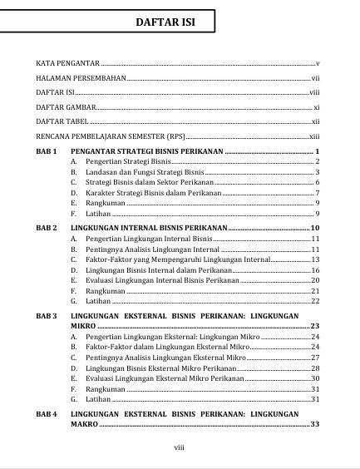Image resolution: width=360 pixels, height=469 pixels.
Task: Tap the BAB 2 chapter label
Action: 47,227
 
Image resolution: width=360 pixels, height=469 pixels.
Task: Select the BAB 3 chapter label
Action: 47,317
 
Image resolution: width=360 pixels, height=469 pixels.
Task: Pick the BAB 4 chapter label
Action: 47,413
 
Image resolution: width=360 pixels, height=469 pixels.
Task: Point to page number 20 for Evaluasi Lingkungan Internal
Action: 315,281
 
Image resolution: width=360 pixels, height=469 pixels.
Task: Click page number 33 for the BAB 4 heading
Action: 314,425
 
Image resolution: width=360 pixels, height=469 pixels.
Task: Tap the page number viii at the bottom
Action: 179,447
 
